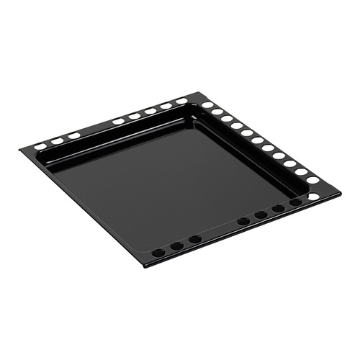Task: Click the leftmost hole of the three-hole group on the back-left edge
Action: (40, 145)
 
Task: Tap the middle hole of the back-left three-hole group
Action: (57, 140)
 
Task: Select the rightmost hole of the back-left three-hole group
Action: (74, 135)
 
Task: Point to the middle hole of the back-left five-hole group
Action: (150, 111)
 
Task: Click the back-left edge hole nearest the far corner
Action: (181, 101)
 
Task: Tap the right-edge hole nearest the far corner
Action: (207, 105)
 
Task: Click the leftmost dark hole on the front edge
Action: (158, 253)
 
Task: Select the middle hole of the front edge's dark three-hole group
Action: (176, 246)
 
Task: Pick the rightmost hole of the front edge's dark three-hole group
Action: (195, 239)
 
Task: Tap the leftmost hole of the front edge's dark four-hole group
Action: (243, 221)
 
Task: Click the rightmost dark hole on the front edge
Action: (296, 202)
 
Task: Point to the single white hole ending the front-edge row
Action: (313, 196)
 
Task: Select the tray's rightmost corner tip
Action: (341, 192)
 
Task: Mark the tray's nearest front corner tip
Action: (147, 265)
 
